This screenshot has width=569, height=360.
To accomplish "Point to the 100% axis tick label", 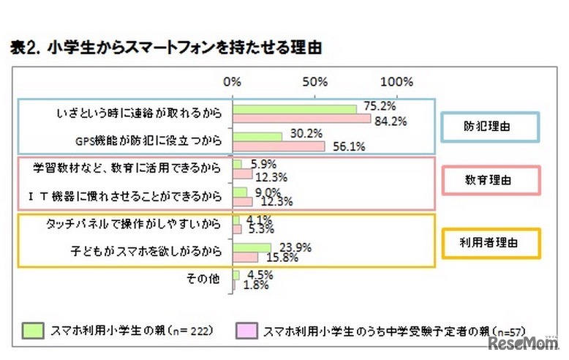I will tap(398, 81).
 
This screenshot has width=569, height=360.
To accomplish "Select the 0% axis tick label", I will tap(233, 81).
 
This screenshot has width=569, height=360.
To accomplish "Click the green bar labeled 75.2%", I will tap(294, 109).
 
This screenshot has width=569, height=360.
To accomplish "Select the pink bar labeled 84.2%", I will tap(301, 119).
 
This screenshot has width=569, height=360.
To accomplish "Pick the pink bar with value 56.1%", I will tap(279, 146).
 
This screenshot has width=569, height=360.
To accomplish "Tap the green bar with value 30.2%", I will tap(257, 137).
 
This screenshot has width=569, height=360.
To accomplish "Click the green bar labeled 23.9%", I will tap(252, 247).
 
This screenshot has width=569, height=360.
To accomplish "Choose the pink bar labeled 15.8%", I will tap(246, 257).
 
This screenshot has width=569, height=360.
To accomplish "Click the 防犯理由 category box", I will tap(488, 127).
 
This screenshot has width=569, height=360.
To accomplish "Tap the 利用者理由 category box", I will tap(488, 241).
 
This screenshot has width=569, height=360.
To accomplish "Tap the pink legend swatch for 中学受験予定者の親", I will tap(246, 330).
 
